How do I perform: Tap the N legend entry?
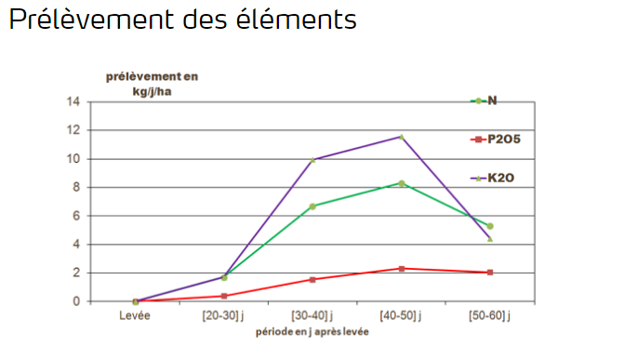pos(492,100)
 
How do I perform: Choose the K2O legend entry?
pos(498,177)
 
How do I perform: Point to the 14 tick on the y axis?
pos(75,101)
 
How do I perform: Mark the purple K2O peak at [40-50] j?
pos(402,137)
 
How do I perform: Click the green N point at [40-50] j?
pos(402,183)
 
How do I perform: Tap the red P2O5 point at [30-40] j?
pos(312,279)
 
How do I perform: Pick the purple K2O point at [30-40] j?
pos(312,160)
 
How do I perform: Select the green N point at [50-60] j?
pos(490,226)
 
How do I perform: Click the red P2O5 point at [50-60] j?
pos(490,273)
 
